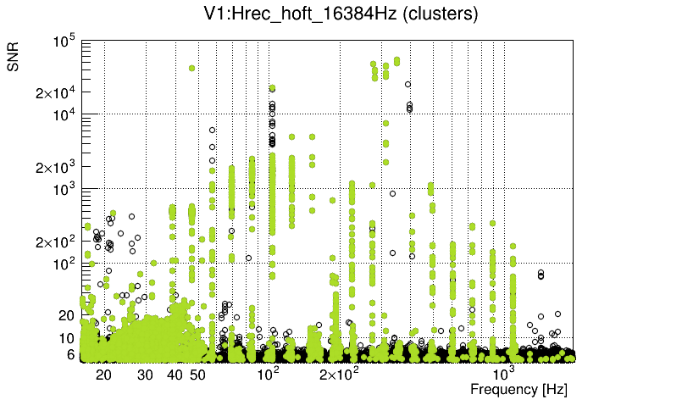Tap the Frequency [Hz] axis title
[x=518, y=389]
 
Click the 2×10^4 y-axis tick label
[x=56, y=93]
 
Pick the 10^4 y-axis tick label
[x=65, y=114]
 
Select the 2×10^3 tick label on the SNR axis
[x=56, y=168]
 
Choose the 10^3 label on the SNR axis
[x=65, y=189]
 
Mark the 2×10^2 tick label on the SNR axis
[x=56, y=242]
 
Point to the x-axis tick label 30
[x=145, y=375]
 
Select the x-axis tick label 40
[x=175, y=375]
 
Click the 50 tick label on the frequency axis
[x=197, y=375]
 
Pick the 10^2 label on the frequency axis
[x=268, y=374]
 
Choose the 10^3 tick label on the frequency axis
[x=503, y=374]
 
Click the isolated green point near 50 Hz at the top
[x=192, y=68]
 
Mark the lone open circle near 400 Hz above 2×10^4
[x=408, y=85]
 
